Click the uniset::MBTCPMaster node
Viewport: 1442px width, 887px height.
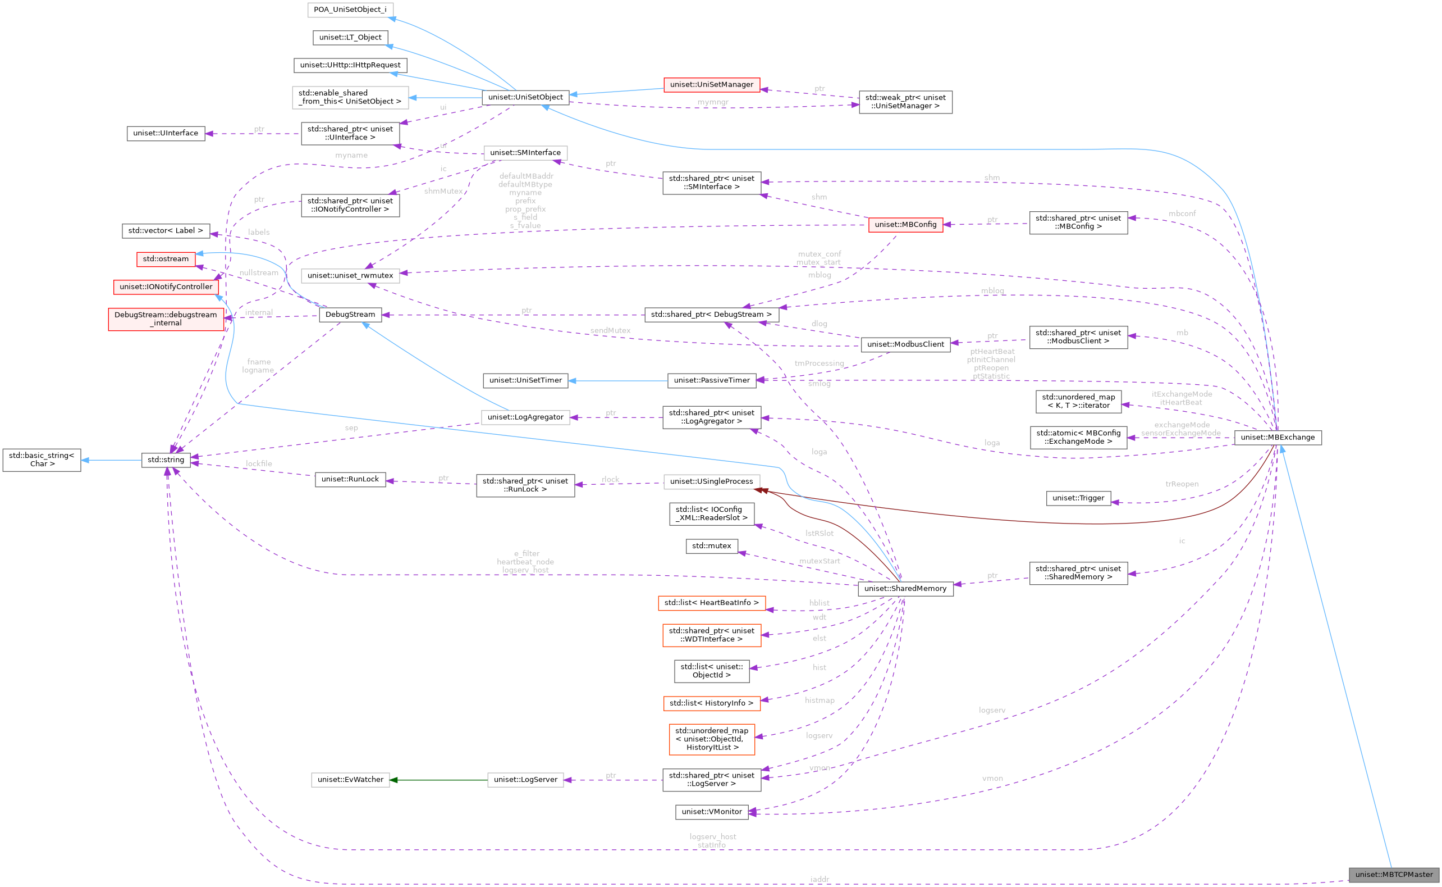(1393, 874)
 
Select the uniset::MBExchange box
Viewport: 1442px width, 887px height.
(1278, 437)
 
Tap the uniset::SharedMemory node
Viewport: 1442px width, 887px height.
(905, 588)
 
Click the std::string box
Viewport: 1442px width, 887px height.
(166, 460)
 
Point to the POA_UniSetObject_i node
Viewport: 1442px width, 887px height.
(350, 10)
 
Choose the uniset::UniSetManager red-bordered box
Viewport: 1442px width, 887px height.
(711, 84)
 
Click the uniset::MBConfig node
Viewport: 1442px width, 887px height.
(905, 225)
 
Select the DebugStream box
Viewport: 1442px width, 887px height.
(350, 315)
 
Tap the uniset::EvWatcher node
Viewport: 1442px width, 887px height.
(350, 780)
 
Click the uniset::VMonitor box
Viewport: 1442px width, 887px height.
(711, 812)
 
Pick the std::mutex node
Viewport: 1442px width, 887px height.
(711, 546)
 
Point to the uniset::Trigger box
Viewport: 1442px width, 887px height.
(1077, 498)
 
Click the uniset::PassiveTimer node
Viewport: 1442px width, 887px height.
(711, 380)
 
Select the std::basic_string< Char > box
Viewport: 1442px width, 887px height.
(42, 460)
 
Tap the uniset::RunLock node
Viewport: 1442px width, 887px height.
(350, 479)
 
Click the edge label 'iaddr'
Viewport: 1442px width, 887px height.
(819, 879)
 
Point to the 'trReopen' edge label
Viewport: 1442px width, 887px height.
(1181, 484)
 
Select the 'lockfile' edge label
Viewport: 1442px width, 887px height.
(259, 463)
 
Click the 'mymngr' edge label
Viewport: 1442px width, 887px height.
(712, 102)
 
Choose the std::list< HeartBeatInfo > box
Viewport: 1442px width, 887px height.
(711, 603)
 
